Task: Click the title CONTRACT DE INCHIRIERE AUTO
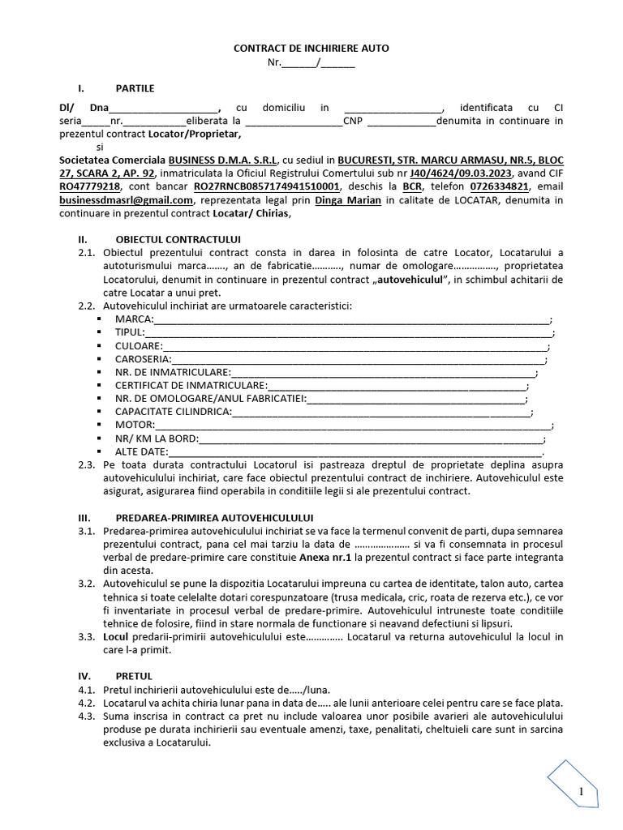[311, 49]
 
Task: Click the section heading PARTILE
[135, 88]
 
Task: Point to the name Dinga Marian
[347, 200]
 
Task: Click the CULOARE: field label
[138, 346]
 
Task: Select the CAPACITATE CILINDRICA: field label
[173, 412]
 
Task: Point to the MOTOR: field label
[134, 425]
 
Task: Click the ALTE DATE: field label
[141, 451]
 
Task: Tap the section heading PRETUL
[134, 675]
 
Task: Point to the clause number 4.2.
[87, 702]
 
